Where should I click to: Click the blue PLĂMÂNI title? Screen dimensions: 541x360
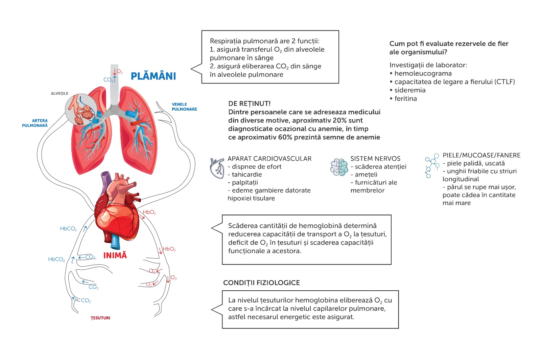(153, 76)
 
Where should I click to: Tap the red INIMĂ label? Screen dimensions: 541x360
(115, 255)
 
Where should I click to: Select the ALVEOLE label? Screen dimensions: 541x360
(60, 93)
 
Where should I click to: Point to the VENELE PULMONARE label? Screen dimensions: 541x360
(184, 107)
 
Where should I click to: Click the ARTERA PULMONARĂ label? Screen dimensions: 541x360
(35, 123)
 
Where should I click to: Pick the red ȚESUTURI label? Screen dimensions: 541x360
(100, 318)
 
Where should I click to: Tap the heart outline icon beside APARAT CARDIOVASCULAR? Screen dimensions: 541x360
(217, 168)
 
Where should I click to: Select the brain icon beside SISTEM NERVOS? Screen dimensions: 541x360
(339, 167)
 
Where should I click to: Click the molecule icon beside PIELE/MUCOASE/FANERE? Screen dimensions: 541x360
(432, 165)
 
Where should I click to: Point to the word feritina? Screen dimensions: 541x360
(405, 98)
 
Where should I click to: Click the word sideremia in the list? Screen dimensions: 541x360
(410, 90)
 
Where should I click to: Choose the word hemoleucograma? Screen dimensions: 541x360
(423, 73)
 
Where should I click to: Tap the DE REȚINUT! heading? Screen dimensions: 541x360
(249, 104)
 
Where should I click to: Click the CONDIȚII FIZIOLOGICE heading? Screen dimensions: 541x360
(261, 283)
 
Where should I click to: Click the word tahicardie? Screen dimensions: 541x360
(247, 175)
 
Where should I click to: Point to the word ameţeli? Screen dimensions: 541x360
(366, 175)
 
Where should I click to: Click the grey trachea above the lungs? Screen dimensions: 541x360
(114, 85)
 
